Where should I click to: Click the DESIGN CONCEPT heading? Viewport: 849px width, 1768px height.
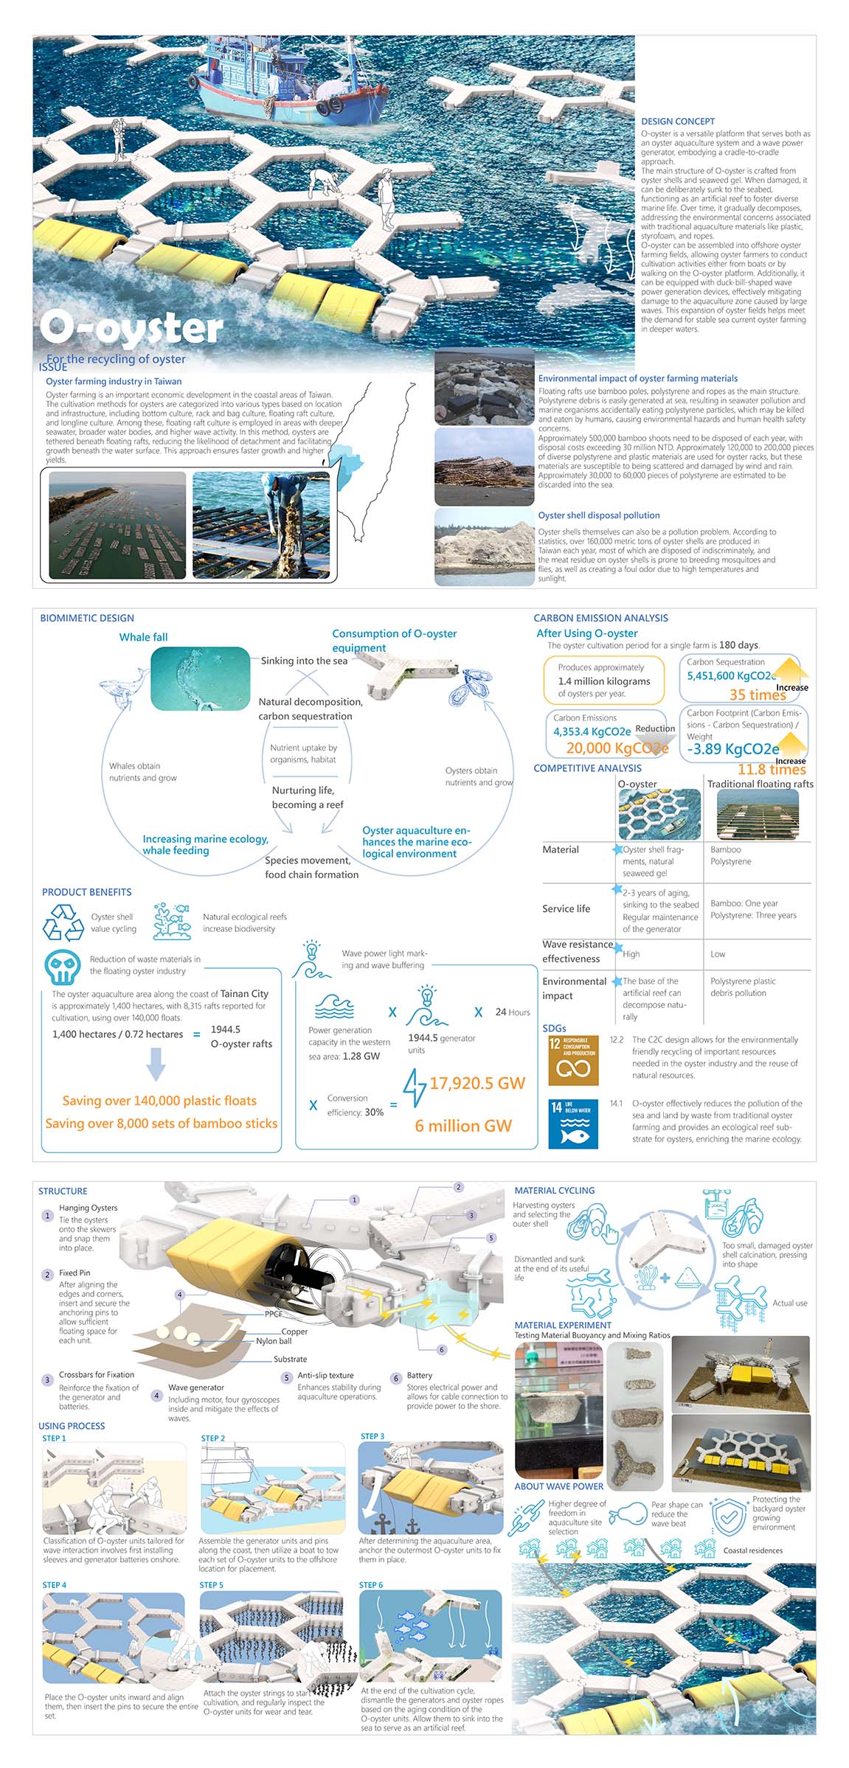tap(677, 121)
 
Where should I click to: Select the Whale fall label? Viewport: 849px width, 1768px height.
tap(143, 637)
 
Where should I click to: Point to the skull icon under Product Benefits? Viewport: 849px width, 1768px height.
tap(62, 967)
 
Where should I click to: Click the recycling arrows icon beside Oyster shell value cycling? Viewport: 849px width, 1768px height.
tap(63, 923)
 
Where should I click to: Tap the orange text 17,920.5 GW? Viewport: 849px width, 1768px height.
tap(477, 1083)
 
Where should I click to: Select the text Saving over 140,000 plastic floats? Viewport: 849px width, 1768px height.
tap(159, 1100)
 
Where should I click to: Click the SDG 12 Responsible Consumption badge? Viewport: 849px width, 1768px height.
tap(572, 1059)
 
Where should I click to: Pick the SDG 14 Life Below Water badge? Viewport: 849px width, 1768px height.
tap(572, 1124)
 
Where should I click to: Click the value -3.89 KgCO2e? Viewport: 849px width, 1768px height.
tap(732, 749)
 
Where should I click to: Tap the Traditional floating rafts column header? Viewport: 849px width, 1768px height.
tap(760, 784)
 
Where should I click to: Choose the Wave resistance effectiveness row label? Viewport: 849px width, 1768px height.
tap(577, 951)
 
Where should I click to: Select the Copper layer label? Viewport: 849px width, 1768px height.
tap(294, 1332)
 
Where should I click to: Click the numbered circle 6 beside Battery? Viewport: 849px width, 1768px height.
tap(396, 1378)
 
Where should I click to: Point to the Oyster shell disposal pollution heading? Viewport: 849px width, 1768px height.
tap(598, 515)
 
